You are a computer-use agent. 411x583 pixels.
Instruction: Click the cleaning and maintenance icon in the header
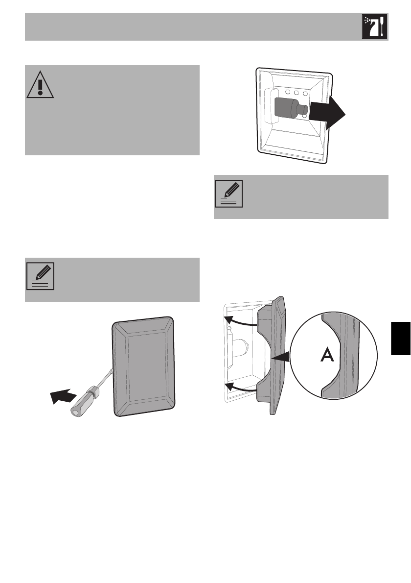point(374,27)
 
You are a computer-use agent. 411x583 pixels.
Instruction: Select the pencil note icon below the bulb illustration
point(228,194)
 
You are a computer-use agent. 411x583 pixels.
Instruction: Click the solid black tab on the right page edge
point(401,339)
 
